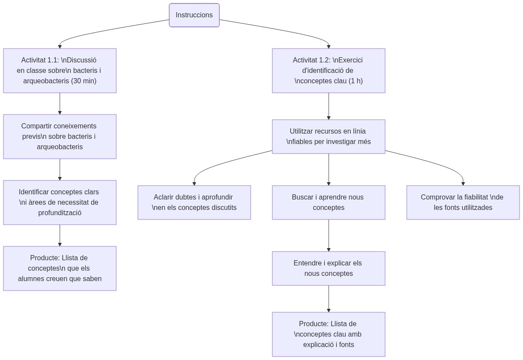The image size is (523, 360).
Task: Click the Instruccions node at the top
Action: [194, 15]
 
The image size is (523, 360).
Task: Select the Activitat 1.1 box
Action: [60, 71]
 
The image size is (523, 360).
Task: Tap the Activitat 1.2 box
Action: [328, 71]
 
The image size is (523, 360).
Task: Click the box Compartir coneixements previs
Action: [60, 137]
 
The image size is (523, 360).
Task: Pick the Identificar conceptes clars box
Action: [60, 203]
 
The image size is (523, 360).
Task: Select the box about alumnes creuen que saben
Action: [60, 268]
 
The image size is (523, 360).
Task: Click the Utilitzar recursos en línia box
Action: [328, 137]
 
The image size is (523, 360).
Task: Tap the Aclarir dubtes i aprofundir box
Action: [194, 203]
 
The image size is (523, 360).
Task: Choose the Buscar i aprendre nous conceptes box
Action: [328, 203]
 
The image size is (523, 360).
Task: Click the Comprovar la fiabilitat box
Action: [463, 203]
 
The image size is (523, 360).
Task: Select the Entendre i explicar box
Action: [328, 268]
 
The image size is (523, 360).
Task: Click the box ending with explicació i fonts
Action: [328, 334]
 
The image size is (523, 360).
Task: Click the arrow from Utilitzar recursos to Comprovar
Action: [434, 163]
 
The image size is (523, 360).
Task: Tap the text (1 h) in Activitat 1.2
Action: [352, 81]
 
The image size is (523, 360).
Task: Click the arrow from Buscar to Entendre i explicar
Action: [328, 235]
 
